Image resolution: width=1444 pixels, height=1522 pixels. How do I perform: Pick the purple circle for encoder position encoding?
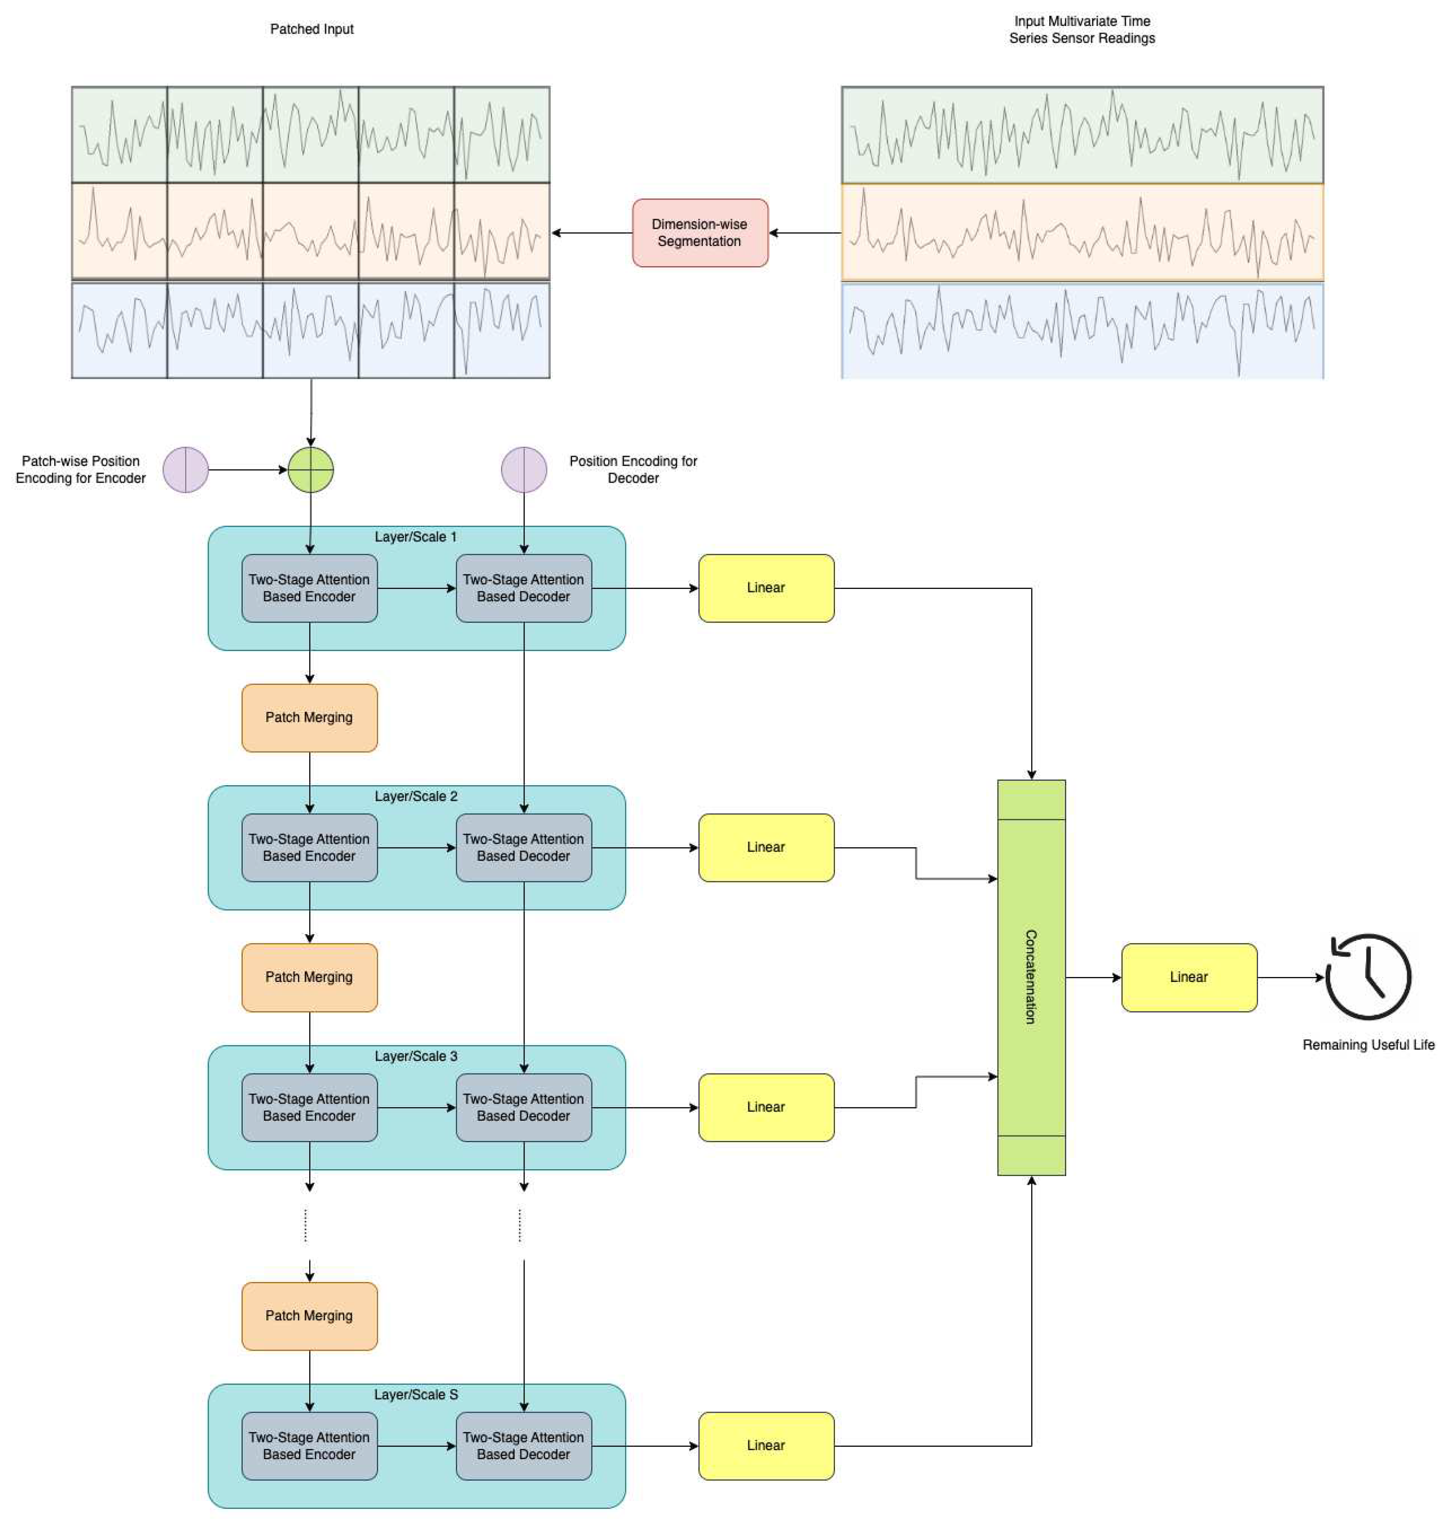186,469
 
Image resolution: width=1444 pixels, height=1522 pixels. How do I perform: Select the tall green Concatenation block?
1031,977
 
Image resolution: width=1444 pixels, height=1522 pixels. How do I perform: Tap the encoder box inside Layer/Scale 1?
309,588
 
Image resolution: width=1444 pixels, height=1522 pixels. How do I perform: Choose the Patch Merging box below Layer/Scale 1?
309,717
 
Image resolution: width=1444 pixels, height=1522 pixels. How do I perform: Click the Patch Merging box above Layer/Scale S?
309,1316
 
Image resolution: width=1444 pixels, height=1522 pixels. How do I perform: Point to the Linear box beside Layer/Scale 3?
766,1107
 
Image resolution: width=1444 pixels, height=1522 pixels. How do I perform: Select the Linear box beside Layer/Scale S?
766,1445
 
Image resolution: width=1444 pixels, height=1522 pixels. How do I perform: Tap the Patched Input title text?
312,29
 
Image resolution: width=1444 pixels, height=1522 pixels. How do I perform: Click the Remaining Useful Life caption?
1368,1045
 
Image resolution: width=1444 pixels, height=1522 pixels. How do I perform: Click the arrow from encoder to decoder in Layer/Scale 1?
416,588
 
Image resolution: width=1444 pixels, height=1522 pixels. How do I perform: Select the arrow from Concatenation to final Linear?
1093,977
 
